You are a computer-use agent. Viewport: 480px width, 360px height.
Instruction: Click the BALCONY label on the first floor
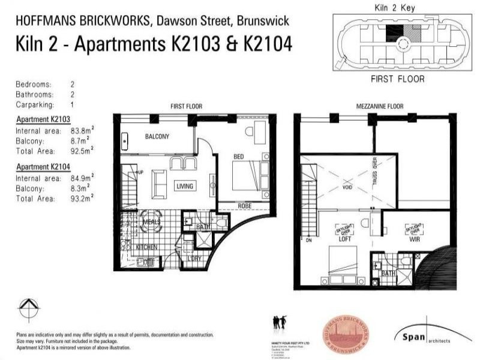coord(157,137)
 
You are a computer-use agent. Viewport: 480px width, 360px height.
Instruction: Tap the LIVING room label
coord(185,186)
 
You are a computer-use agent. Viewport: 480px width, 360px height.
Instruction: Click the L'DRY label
coord(194,258)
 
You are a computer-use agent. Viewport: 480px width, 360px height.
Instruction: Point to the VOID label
coord(347,186)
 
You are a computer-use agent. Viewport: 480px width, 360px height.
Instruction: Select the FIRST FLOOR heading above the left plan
coord(187,106)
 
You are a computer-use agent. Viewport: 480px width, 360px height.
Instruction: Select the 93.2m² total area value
coord(82,196)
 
